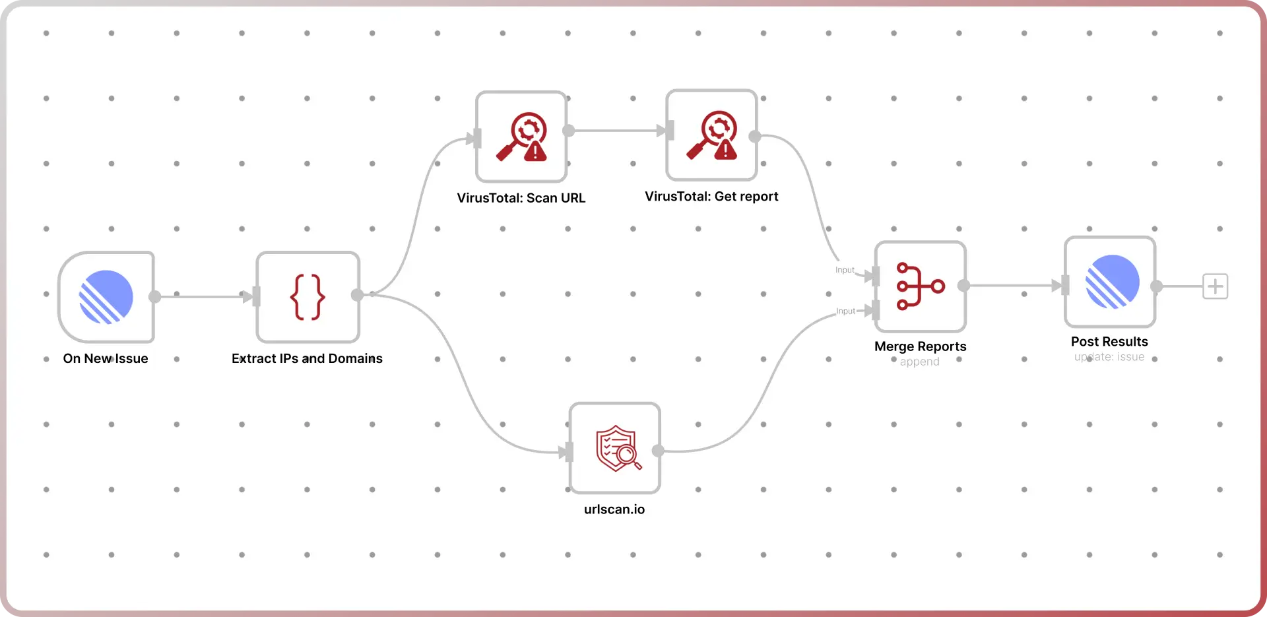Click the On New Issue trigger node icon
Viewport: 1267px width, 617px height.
106,297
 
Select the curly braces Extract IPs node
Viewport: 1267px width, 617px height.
308,297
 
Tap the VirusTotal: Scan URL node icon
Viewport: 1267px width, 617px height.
521,137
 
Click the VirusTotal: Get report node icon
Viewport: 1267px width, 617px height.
711,135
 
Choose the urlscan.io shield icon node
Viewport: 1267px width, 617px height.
615,448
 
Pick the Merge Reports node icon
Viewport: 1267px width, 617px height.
921,286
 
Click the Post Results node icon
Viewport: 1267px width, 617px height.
1111,282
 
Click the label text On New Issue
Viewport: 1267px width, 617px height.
106,358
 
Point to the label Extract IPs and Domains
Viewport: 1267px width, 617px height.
307,358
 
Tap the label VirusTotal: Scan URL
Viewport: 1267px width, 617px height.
521,198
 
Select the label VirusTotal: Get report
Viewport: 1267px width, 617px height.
711,197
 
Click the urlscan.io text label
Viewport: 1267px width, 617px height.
614,509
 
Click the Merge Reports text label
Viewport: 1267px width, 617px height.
920,346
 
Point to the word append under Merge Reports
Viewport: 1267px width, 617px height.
919,362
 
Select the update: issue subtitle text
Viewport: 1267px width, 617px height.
1109,357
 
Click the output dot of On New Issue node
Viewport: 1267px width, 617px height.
155,297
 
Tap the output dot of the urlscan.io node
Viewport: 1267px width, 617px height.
658,451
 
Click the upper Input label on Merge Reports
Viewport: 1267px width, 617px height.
845,270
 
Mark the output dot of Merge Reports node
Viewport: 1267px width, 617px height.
964,286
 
